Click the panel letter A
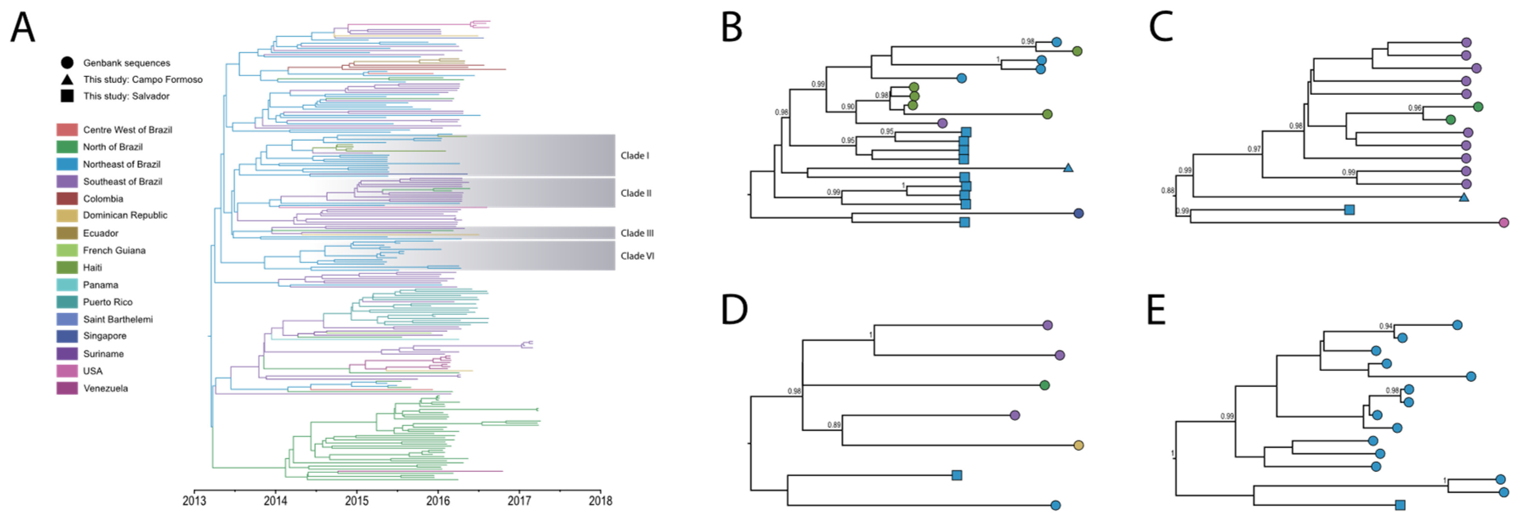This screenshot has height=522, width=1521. click(23, 28)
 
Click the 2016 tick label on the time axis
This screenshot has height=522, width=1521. click(438, 501)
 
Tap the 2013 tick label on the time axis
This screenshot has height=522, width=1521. click(194, 501)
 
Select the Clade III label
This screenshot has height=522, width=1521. click(637, 233)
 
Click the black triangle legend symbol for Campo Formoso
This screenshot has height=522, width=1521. click(67, 79)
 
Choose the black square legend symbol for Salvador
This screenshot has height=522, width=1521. click(67, 95)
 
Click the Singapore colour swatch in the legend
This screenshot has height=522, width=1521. click(67, 336)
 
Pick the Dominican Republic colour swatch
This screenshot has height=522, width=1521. click(67, 215)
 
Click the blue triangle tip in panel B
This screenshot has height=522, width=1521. click(1068, 168)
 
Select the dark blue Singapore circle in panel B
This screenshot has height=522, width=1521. click(1079, 213)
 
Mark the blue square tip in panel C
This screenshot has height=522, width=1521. click(1349, 209)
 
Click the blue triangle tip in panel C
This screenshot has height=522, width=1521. click(1464, 197)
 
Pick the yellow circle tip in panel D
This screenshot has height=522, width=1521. click(1079, 445)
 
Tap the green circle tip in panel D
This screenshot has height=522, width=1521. click(1045, 385)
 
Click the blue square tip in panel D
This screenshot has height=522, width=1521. click(957, 475)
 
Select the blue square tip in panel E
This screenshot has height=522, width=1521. click(1400, 505)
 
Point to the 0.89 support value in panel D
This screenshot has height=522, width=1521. click(834, 425)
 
